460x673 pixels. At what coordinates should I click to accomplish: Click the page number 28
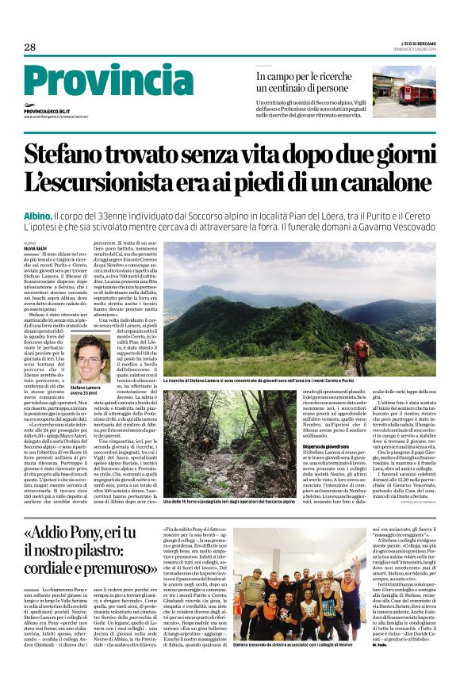coord(29,47)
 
